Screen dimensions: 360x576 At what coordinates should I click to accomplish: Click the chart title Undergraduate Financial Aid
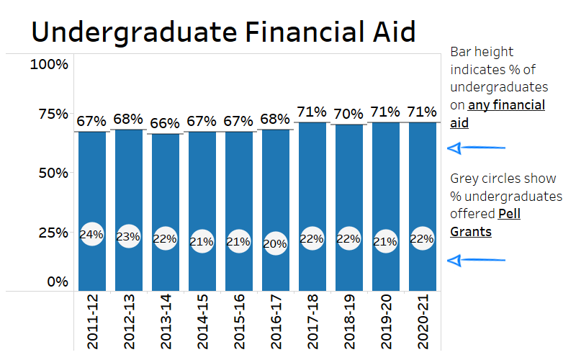(223, 32)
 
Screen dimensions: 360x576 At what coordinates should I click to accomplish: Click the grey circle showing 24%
(91, 234)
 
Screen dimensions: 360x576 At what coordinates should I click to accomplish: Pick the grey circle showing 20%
(275, 243)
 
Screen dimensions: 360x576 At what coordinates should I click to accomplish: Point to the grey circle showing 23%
(128, 235)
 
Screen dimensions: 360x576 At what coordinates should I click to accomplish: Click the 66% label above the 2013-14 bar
(165, 123)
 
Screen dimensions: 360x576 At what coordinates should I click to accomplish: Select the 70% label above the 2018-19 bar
(348, 114)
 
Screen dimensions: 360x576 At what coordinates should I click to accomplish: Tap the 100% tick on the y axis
(49, 65)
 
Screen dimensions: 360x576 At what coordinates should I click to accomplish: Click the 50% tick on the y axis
(52, 173)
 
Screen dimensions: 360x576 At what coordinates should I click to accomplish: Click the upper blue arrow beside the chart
(475, 148)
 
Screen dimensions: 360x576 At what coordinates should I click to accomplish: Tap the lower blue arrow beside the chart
(475, 260)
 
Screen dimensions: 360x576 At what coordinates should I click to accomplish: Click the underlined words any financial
(506, 105)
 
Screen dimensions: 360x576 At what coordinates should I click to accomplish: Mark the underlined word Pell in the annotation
(509, 214)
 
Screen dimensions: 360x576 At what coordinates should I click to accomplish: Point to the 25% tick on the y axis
(52, 233)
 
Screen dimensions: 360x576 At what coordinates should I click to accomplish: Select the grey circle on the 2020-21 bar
(422, 239)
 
